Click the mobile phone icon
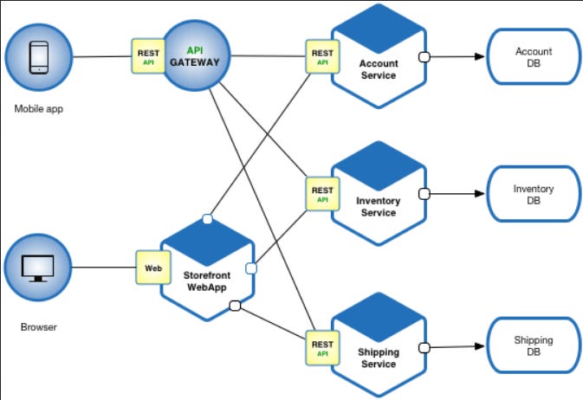[39, 57]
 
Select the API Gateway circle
[201, 57]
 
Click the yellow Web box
[152, 268]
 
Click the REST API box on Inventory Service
[321, 195]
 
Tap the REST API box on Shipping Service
[321, 347]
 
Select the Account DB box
[533, 57]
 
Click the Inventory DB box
[533, 195]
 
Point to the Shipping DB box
[533, 346]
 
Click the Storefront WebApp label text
[205, 281]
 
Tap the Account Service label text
[378, 69]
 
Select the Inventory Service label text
[378, 207]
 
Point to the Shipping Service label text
[378, 358]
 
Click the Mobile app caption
[39, 110]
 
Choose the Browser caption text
[38, 328]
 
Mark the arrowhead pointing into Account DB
[477, 57]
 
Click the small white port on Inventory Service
[424, 194]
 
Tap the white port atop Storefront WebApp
[207, 218]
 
